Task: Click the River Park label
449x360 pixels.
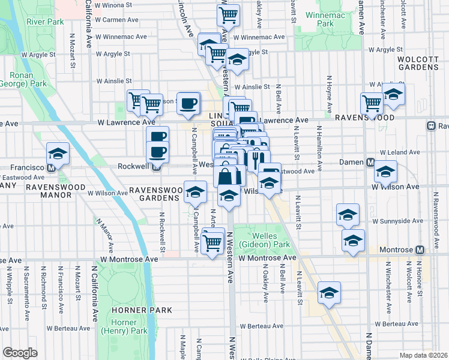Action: tap(44, 22)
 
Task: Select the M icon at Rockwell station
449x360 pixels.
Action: tap(155, 167)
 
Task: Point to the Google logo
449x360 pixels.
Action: tap(20, 353)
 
